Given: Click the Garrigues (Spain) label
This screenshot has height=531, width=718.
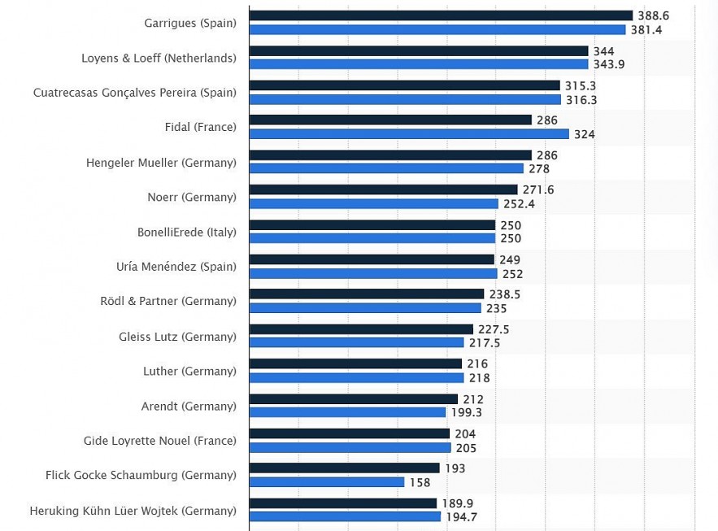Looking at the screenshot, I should (x=190, y=23).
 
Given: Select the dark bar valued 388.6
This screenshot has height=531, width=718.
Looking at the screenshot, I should (x=441, y=15).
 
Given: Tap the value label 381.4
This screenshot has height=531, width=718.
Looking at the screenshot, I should (x=646, y=29).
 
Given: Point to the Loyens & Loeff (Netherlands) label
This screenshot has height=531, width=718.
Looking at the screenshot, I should (x=159, y=58).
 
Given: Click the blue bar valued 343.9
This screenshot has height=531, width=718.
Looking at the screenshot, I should (x=418, y=64).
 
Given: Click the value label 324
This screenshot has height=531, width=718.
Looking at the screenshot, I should (x=585, y=134).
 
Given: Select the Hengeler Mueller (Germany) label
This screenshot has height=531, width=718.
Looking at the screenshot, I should (x=161, y=163).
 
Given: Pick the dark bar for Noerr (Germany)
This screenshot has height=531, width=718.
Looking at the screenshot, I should (x=383, y=189).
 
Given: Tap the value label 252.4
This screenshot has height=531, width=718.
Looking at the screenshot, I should (x=519, y=204).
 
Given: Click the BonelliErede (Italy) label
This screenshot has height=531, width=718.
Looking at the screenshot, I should (x=187, y=232).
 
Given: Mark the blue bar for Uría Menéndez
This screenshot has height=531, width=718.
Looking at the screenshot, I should (x=373, y=274).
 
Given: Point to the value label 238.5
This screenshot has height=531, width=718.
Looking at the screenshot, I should (x=505, y=294).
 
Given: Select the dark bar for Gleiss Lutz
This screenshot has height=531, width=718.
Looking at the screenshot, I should (x=361, y=329).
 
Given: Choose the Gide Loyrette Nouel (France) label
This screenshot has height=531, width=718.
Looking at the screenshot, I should (x=160, y=441).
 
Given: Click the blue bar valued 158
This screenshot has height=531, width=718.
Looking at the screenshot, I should (x=327, y=482).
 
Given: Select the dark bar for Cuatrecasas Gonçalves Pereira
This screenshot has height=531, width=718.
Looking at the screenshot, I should (x=405, y=85).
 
